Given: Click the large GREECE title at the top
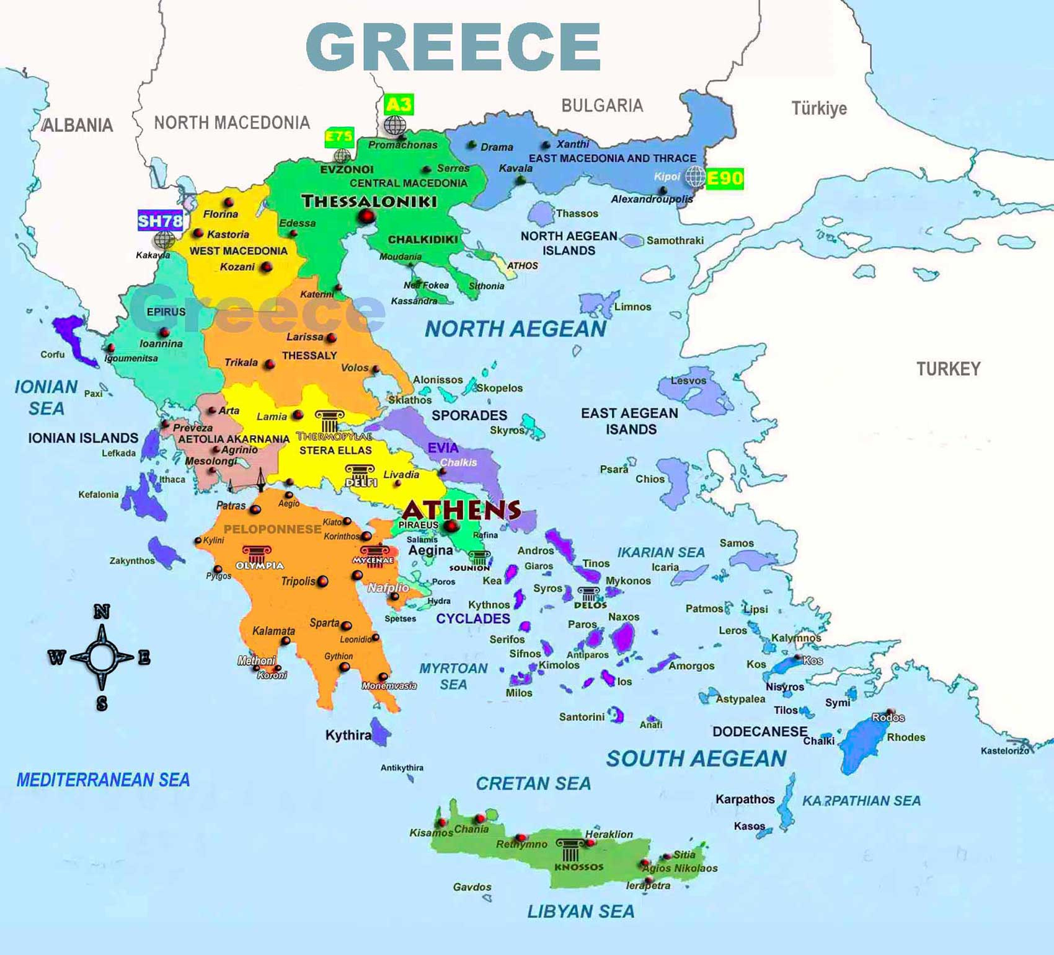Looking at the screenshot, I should (453, 47).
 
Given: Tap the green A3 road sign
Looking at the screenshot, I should (398, 104).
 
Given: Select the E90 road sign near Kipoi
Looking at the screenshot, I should (724, 178).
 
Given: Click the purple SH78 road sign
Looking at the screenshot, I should (160, 220).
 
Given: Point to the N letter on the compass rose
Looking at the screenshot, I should (102, 612).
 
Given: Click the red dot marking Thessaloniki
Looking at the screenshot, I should (367, 216).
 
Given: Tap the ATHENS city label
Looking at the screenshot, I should (462, 509).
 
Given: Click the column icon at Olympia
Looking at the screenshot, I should (256, 553).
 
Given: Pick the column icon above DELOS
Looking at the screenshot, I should (588, 593).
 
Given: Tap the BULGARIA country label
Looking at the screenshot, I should (602, 105).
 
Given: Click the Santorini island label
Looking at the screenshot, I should (582, 717).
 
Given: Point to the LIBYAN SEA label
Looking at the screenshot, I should (580, 912).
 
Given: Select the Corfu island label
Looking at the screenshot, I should (52, 354).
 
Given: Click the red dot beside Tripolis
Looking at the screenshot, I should (323, 581).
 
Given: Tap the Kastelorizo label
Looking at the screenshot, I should (1004, 750).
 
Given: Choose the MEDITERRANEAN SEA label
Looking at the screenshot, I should (103, 780).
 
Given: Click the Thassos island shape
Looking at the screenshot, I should (541, 214).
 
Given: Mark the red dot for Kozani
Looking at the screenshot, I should (267, 267).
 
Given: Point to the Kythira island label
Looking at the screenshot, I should (348, 736).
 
